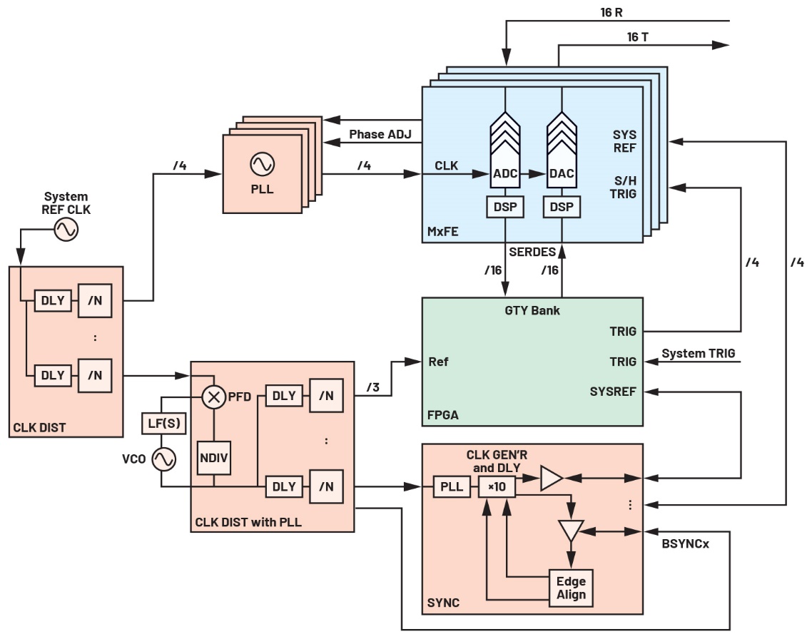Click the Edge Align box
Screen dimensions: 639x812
pos(572,588)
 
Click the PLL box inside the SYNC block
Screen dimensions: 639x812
pos(450,487)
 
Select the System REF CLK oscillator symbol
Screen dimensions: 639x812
pos(66,230)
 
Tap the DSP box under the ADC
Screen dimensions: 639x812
pos(505,207)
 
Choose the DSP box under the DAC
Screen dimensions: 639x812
pos(562,207)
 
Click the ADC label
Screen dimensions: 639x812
pos(505,174)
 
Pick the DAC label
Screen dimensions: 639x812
pos(562,174)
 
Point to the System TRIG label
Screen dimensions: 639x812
pos(699,353)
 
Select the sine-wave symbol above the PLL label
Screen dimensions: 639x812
pos(260,165)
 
